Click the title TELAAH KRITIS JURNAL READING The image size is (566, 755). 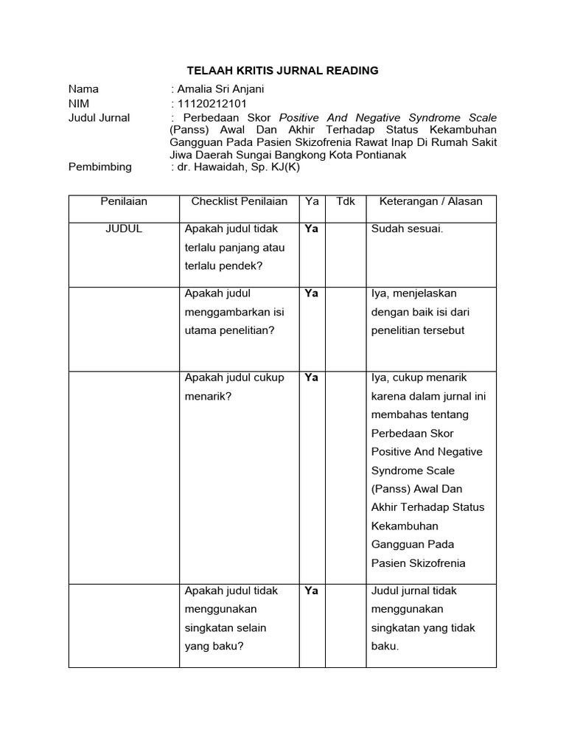(x=282, y=71)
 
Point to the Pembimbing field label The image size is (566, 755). (x=100, y=167)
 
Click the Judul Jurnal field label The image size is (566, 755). (x=99, y=118)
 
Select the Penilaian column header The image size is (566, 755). (x=124, y=201)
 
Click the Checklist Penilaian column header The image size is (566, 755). (x=240, y=201)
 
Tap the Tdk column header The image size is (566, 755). (x=346, y=201)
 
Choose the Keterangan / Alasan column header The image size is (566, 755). (x=431, y=201)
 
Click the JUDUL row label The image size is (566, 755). (x=124, y=229)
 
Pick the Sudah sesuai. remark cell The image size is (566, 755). (x=408, y=229)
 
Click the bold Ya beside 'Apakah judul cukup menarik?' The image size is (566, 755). (x=311, y=377)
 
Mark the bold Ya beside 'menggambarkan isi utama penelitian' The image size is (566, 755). (x=311, y=293)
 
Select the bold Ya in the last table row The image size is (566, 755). (x=311, y=591)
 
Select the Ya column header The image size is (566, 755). (x=311, y=201)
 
